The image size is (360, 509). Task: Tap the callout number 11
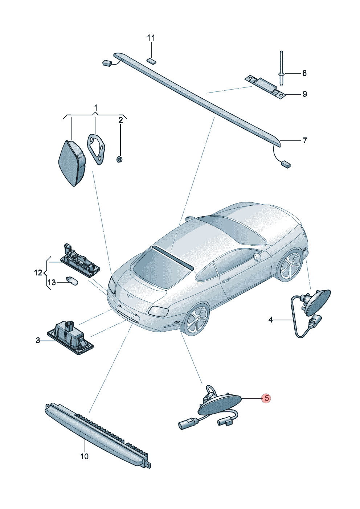coord(151,38)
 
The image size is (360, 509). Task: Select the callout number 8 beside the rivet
coord(304,73)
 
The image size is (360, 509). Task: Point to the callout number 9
coord(304,94)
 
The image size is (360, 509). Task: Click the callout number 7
coord(305,140)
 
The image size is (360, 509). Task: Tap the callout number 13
coord(52,283)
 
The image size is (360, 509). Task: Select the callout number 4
coord(270,320)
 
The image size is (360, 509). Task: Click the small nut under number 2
coord(119,160)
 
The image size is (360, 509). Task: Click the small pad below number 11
coord(151,60)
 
